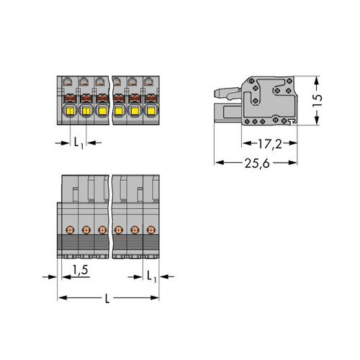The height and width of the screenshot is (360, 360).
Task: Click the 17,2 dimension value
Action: point(270,144)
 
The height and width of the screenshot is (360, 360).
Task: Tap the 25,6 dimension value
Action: point(257,163)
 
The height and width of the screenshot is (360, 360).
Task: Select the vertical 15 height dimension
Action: point(318,101)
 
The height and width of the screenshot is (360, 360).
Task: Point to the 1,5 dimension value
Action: point(81,270)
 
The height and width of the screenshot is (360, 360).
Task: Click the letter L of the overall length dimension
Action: point(107,298)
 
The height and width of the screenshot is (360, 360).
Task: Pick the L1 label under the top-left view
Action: point(78,143)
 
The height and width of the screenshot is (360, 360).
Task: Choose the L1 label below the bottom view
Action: point(151,276)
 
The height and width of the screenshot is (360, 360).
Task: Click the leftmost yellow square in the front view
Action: point(70,111)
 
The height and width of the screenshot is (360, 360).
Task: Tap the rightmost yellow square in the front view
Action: point(151,111)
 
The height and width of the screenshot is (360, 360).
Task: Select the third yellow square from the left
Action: point(102,111)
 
